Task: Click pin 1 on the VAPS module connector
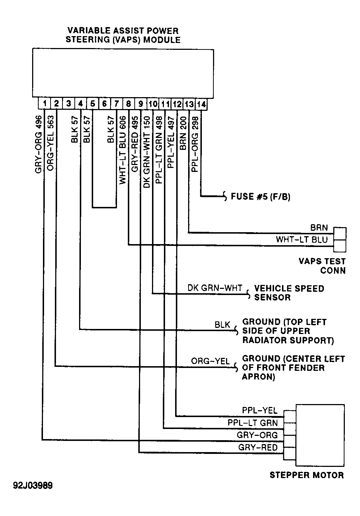point(44,103)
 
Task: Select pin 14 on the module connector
point(201,104)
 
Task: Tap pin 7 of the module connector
point(117,104)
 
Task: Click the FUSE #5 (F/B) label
point(260,197)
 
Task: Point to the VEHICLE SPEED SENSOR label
point(289,293)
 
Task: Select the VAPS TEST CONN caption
point(322,266)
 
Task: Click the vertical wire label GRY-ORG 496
point(39,144)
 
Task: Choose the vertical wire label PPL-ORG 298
point(195,144)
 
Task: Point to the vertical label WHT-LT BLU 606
point(123,150)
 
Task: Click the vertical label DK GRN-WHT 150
point(147,152)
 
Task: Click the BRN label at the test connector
point(319,227)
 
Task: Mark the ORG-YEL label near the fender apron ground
point(210,361)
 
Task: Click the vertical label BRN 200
point(183,133)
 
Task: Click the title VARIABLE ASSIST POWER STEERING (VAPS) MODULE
point(123,35)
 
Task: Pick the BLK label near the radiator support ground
point(222,325)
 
